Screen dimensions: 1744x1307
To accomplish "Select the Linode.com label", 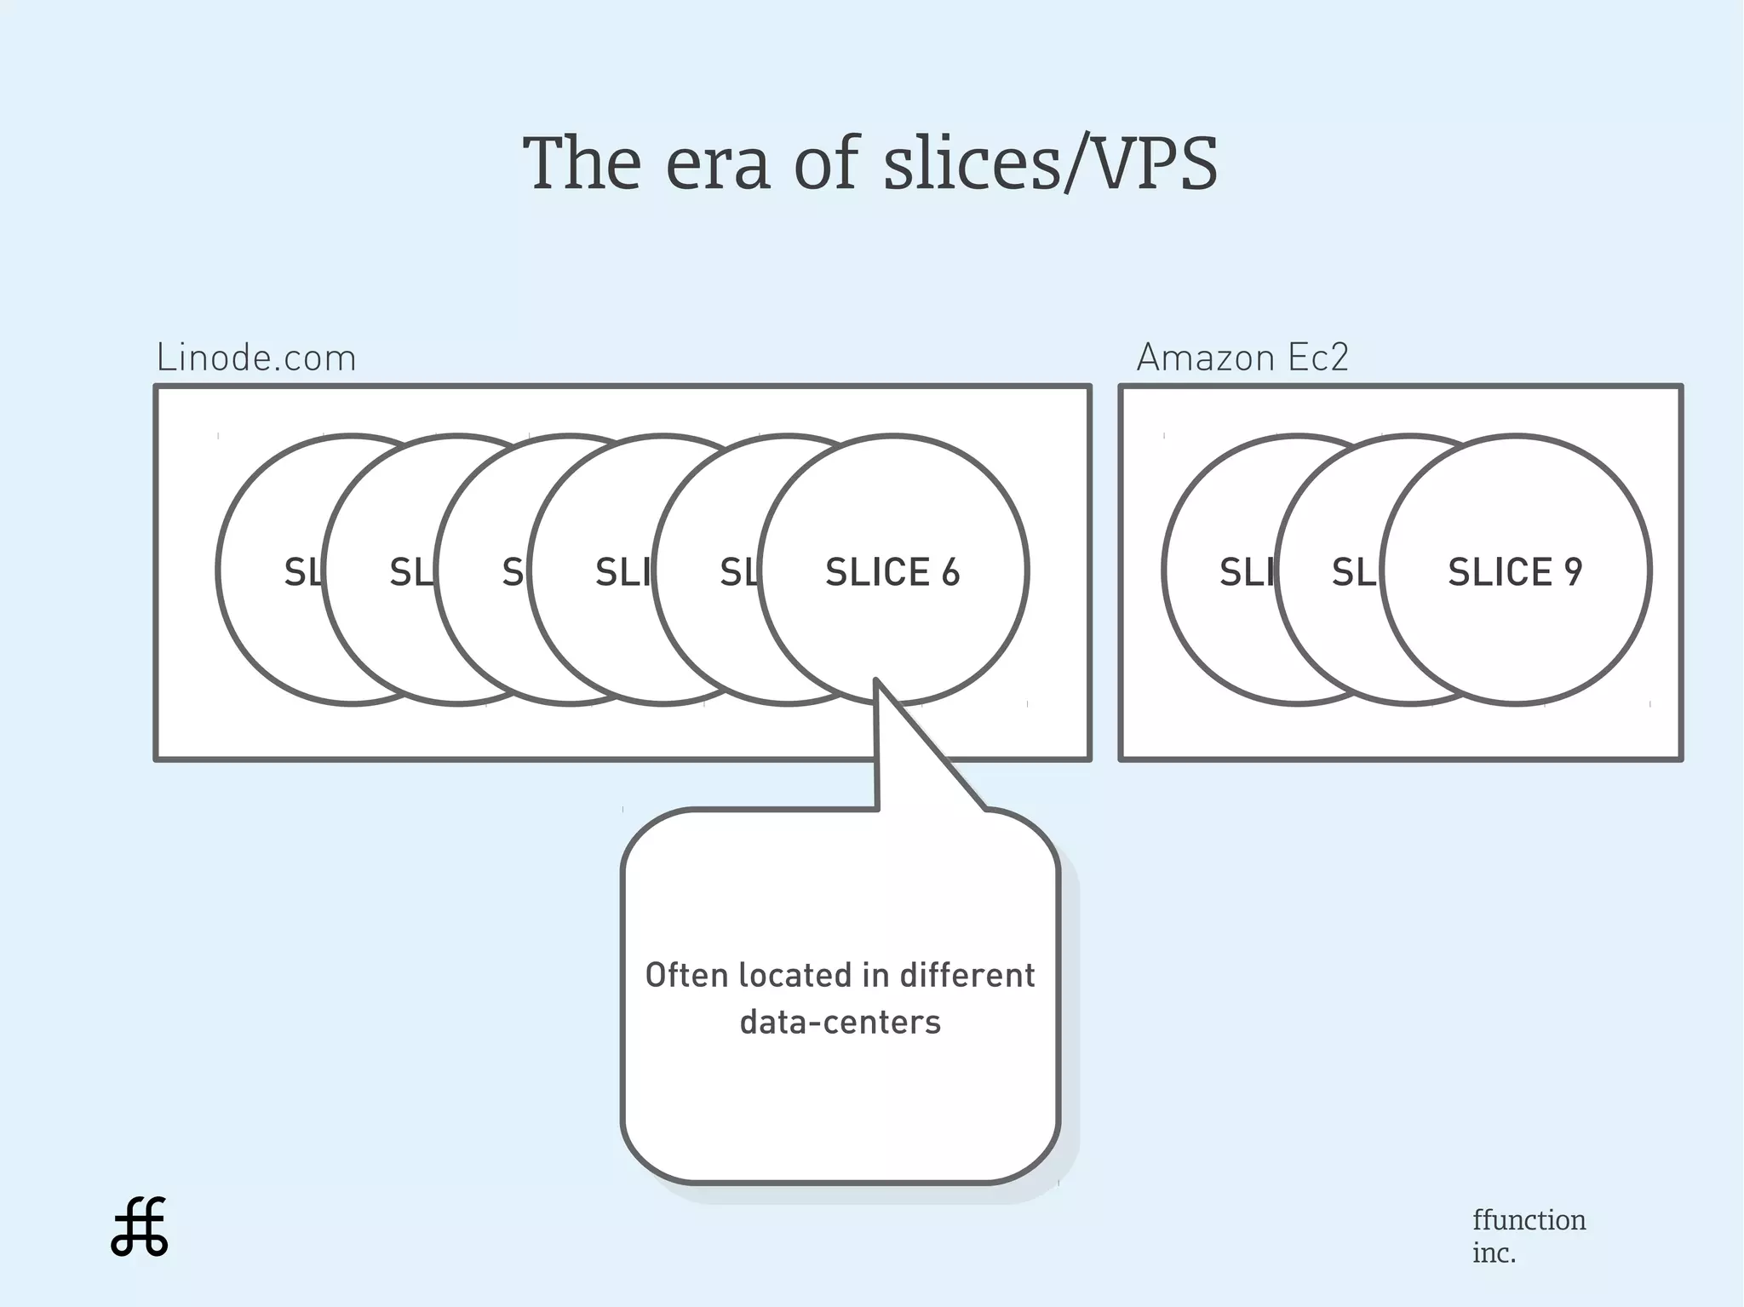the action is (x=256, y=358).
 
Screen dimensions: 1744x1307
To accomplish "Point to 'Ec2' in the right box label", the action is (x=1318, y=358).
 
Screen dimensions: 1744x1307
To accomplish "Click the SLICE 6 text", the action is (x=892, y=572).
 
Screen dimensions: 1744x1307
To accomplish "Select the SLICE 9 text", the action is (x=1515, y=572).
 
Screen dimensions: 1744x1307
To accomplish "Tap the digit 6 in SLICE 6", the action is (x=950, y=572).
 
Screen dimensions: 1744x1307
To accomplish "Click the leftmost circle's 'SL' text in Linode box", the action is (x=303, y=572).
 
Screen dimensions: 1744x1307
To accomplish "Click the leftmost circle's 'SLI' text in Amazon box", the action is (x=1245, y=572).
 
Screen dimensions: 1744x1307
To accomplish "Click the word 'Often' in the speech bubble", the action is (x=687, y=976).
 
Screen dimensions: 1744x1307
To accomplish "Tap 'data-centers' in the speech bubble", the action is (x=840, y=1023).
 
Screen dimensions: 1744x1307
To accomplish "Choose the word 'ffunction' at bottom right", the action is (x=1529, y=1220).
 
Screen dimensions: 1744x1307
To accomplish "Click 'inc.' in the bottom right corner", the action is (x=1494, y=1253).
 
